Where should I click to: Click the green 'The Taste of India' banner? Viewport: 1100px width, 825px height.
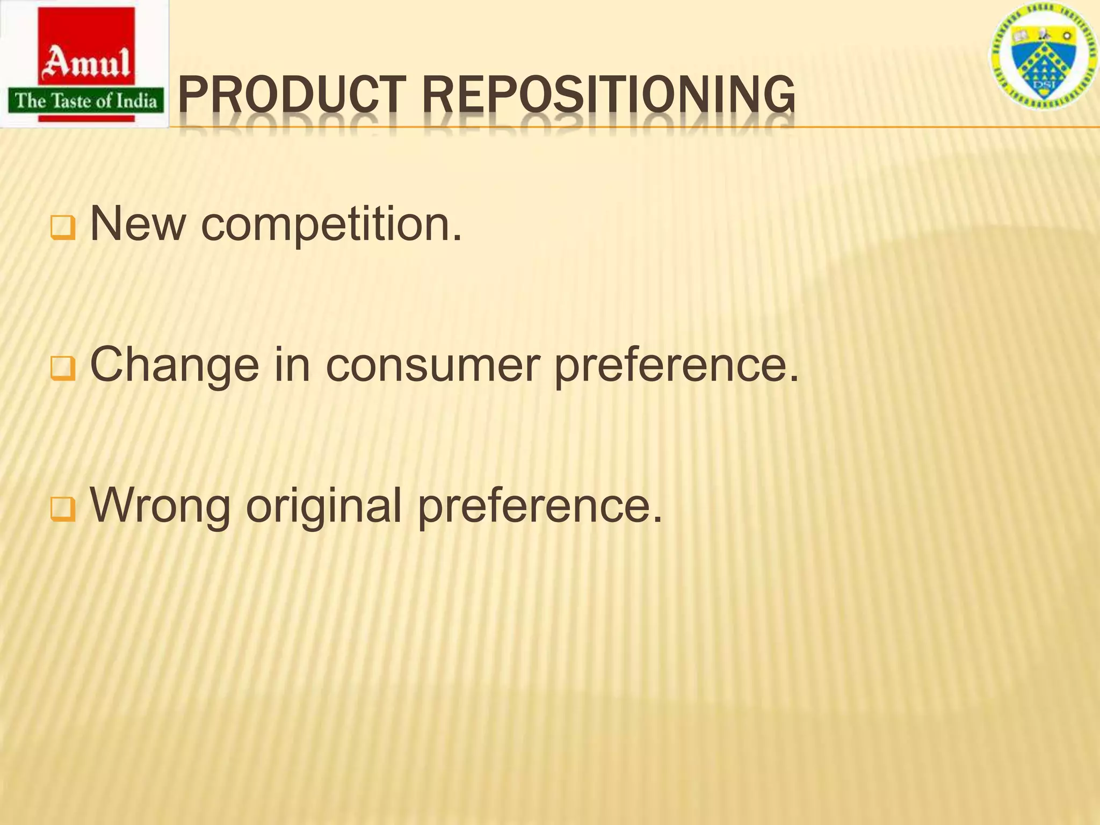[x=85, y=100]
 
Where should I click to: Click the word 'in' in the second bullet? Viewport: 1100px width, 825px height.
[x=292, y=365]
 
